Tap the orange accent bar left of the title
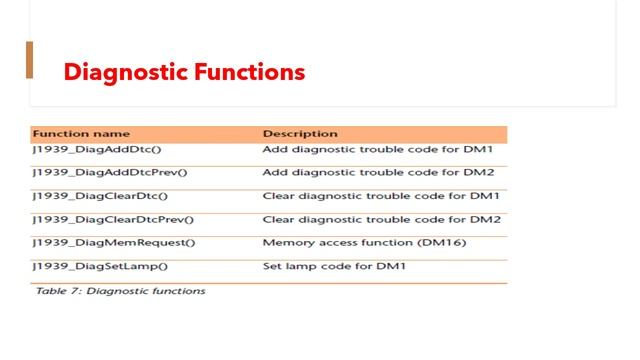pos(29,60)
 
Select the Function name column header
pos(81,134)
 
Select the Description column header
pos(300,134)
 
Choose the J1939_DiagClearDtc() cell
pos(100,196)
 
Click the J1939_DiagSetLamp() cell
pos(100,266)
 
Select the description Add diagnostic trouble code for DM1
pos(378,150)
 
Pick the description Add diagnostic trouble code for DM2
pos(378,173)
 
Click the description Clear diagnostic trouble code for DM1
pos(381,196)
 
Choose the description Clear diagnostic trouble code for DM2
pos(381,219)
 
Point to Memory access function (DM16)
pos(364,242)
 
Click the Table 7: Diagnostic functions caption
pos(120,291)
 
